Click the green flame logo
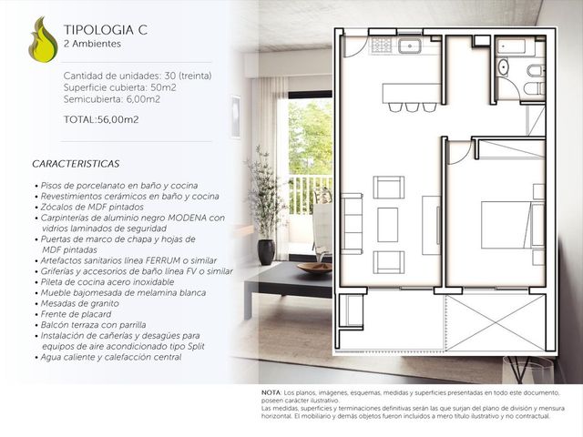point(43,40)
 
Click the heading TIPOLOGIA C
point(106,30)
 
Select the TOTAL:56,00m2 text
point(101,119)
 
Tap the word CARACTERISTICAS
point(76,164)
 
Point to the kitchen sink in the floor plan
point(410,46)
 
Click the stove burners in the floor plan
point(382,46)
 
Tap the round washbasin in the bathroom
point(503,66)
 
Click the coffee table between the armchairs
point(388,225)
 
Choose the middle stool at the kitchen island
point(412,107)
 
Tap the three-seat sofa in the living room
point(352,224)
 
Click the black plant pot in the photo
point(266,252)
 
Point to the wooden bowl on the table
point(314,268)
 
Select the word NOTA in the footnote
point(271,392)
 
